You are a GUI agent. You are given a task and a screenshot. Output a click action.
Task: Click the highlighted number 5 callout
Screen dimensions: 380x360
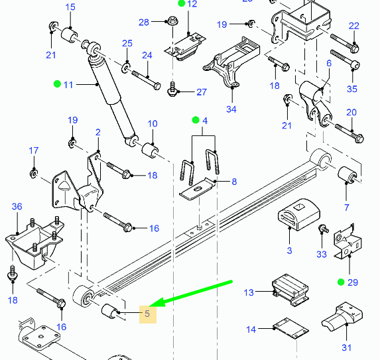[147, 314]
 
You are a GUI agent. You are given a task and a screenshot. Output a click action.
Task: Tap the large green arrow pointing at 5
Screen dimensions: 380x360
[191, 294]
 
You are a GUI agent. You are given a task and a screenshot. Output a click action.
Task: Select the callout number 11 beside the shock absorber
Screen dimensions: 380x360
[68, 85]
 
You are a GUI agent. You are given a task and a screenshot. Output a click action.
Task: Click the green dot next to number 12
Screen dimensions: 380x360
[182, 3]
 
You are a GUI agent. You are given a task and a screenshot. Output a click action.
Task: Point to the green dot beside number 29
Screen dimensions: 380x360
[341, 282]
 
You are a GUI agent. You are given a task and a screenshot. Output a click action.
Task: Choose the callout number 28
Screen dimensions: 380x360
[144, 23]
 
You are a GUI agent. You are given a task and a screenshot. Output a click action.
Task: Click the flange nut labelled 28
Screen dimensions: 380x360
[172, 21]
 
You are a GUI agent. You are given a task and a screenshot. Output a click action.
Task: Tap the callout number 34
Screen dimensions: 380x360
[231, 109]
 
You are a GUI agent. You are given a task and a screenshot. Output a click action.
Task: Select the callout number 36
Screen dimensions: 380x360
[17, 206]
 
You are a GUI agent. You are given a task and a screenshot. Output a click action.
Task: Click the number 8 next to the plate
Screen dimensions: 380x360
[234, 182]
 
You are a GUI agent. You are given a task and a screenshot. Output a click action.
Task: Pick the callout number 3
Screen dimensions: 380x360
[289, 251]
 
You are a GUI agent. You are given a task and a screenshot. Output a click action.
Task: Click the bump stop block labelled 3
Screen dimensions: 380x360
[299, 214]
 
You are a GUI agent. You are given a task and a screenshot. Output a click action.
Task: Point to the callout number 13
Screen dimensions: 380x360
[249, 292]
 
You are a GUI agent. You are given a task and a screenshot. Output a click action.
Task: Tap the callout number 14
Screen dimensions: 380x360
[251, 330]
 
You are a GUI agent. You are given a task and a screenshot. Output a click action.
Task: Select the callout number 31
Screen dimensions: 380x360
[347, 348]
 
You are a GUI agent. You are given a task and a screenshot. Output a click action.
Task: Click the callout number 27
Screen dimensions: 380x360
[202, 92]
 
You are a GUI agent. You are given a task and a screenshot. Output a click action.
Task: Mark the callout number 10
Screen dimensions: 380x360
[153, 124]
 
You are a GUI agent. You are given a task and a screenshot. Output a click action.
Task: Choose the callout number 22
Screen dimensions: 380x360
[354, 26]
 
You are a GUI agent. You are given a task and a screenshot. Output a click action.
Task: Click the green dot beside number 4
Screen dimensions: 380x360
[196, 120]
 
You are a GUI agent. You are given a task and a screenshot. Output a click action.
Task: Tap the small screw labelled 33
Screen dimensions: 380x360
[324, 228]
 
